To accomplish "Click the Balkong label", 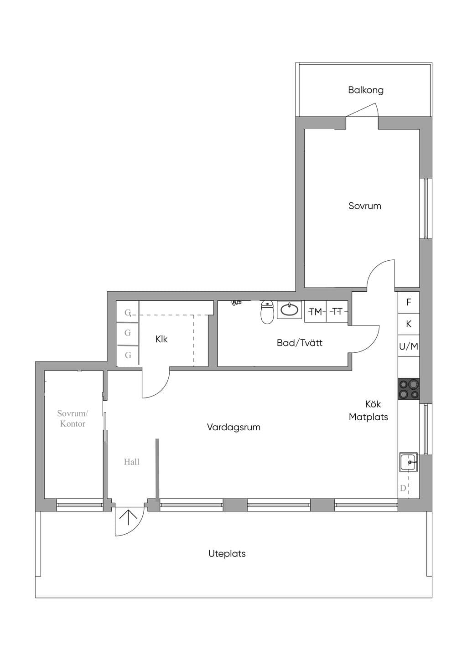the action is (x=366, y=90).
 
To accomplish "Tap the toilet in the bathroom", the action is (x=267, y=312).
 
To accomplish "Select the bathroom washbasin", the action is (x=290, y=309).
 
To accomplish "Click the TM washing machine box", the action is (x=315, y=311).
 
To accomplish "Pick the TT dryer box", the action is (x=337, y=311).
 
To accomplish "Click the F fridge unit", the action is (x=408, y=302).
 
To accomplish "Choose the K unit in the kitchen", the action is (x=408, y=324).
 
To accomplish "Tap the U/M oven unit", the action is (x=408, y=346).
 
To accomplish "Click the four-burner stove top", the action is (x=409, y=389).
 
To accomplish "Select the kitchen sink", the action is (x=408, y=462).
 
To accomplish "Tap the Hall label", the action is (x=131, y=462).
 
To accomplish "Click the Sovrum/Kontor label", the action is (x=73, y=418).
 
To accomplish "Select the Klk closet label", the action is (x=161, y=339).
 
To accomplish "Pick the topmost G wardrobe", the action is (x=127, y=312).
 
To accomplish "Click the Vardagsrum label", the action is (x=233, y=427).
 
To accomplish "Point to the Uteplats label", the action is (x=227, y=554).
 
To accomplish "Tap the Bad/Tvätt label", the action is (x=300, y=343).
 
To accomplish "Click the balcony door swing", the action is (x=362, y=110).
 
